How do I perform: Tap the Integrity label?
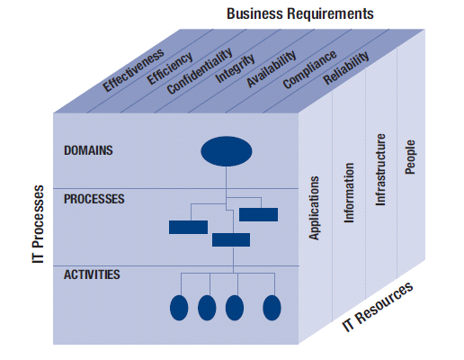click(x=235, y=69)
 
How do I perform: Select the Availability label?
click(x=271, y=70)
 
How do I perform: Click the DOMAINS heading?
click(x=88, y=149)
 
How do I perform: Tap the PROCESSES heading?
click(x=94, y=198)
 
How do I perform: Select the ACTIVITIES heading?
click(x=93, y=274)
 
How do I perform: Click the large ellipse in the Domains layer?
click(x=226, y=151)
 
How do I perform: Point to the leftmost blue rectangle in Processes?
click(x=188, y=227)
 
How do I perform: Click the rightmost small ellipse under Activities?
click(x=272, y=307)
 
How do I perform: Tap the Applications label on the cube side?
click(x=315, y=208)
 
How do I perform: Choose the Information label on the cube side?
click(x=349, y=193)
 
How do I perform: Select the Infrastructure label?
click(x=380, y=170)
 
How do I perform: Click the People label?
click(x=411, y=156)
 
